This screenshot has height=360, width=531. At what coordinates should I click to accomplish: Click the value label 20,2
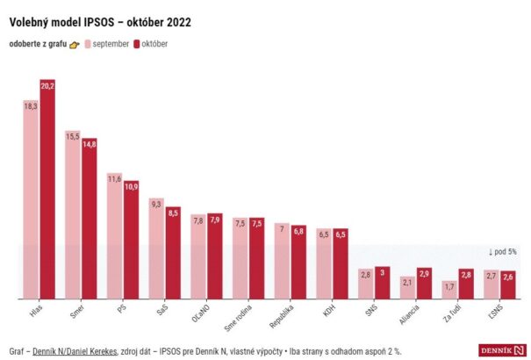click(x=47, y=85)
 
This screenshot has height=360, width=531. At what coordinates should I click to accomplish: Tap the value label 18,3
click(x=31, y=105)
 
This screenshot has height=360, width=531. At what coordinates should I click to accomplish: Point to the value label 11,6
click(x=114, y=179)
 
